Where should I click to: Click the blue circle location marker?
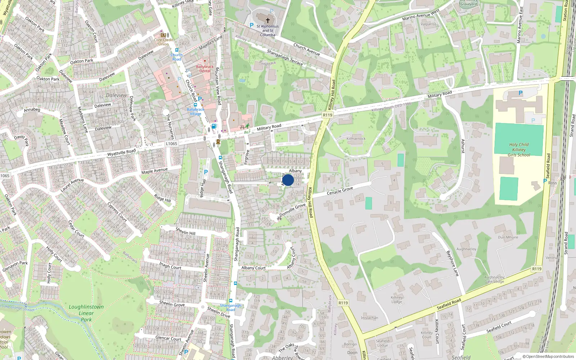point(288,180)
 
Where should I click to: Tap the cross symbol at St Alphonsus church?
point(267,21)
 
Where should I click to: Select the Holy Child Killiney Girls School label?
point(519,150)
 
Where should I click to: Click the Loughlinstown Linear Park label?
point(86,313)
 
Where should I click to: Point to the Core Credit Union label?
point(163,42)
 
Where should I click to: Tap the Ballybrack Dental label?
point(205,69)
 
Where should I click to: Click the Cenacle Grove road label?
point(339,191)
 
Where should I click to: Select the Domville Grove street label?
point(292,210)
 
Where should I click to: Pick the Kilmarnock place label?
point(356,139)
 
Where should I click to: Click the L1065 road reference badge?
point(171,144)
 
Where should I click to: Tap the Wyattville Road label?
point(121,152)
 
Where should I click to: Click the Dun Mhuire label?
point(508,237)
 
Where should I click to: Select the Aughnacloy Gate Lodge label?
point(494,279)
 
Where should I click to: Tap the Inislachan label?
point(369,318)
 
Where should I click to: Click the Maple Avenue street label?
point(154,171)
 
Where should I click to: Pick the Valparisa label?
point(428,24)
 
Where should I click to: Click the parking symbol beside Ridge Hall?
point(206,172)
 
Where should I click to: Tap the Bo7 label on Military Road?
point(247,132)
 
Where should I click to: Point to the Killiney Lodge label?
point(397,300)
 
